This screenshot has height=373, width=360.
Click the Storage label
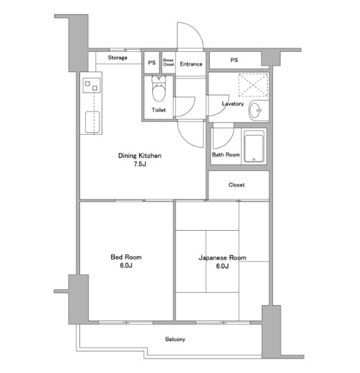(118, 58)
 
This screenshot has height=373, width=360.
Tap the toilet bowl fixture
(159, 89)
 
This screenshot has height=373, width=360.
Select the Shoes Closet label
(168, 62)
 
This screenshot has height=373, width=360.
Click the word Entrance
(191, 64)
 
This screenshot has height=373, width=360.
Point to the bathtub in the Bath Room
(254, 146)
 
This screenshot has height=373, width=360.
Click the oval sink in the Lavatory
(255, 110)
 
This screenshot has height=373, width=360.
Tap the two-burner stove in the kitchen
(92, 86)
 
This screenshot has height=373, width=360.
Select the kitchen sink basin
(92, 122)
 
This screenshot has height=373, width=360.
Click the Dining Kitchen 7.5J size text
(140, 164)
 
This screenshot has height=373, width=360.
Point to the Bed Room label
(126, 257)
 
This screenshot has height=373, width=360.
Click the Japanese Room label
(222, 258)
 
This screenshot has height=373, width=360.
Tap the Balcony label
(175, 339)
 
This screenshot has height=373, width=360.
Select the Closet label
(237, 185)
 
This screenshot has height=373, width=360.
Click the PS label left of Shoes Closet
(152, 63)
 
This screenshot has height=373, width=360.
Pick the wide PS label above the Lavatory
(234, 60)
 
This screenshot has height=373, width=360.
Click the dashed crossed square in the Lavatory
(253, 85)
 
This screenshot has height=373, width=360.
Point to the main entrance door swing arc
(196, 30)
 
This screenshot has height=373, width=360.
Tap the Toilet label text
(159, 110)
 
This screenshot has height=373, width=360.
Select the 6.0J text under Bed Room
(126, 266)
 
